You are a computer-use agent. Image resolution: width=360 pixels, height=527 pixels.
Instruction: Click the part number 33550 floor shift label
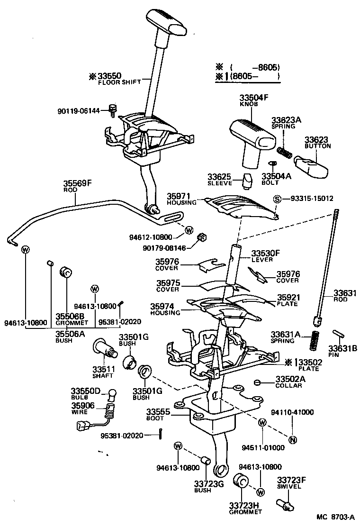pos(109,76)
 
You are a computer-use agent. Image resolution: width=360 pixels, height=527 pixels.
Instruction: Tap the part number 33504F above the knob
pos(253,98)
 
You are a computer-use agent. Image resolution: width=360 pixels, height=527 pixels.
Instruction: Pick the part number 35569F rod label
pos(77,183)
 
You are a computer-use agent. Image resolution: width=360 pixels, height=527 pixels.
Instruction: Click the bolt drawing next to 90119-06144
pos(113,110)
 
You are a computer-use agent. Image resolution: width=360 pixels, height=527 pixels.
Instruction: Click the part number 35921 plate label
pos(288,297)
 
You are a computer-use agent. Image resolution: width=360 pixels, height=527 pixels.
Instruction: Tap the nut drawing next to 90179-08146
pos(200,237)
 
